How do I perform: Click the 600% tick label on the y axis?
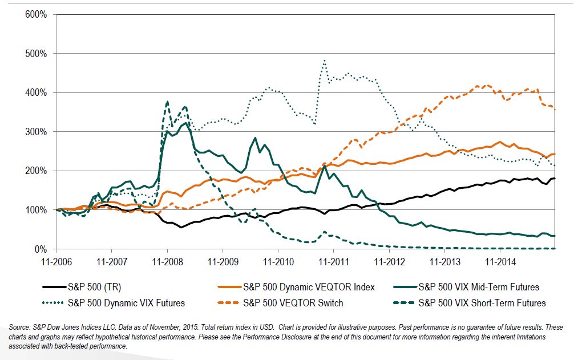pos(36,15)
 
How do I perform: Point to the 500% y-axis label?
pos(36,54)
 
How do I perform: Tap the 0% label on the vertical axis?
pos(41,249)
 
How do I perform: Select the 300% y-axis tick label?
pos(36,132)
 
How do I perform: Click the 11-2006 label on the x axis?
pos(56,262)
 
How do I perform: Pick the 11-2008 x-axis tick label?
pos(167,262)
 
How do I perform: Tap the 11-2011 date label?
pos(334,262)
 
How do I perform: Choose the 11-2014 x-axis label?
pos(500,262)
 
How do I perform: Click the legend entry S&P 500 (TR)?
pos(82,287)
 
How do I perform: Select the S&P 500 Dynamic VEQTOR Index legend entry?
pos(296,287)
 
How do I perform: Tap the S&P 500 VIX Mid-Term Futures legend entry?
pos(466,287)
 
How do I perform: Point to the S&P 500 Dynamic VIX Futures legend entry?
pos(114,304)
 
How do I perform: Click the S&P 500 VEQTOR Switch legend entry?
pos(280,304)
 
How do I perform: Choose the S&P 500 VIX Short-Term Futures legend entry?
pos(470,304)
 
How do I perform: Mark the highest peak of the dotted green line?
pos(324,60)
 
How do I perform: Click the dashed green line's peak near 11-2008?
pos(167,102)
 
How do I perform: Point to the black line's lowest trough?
pos(181,228)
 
